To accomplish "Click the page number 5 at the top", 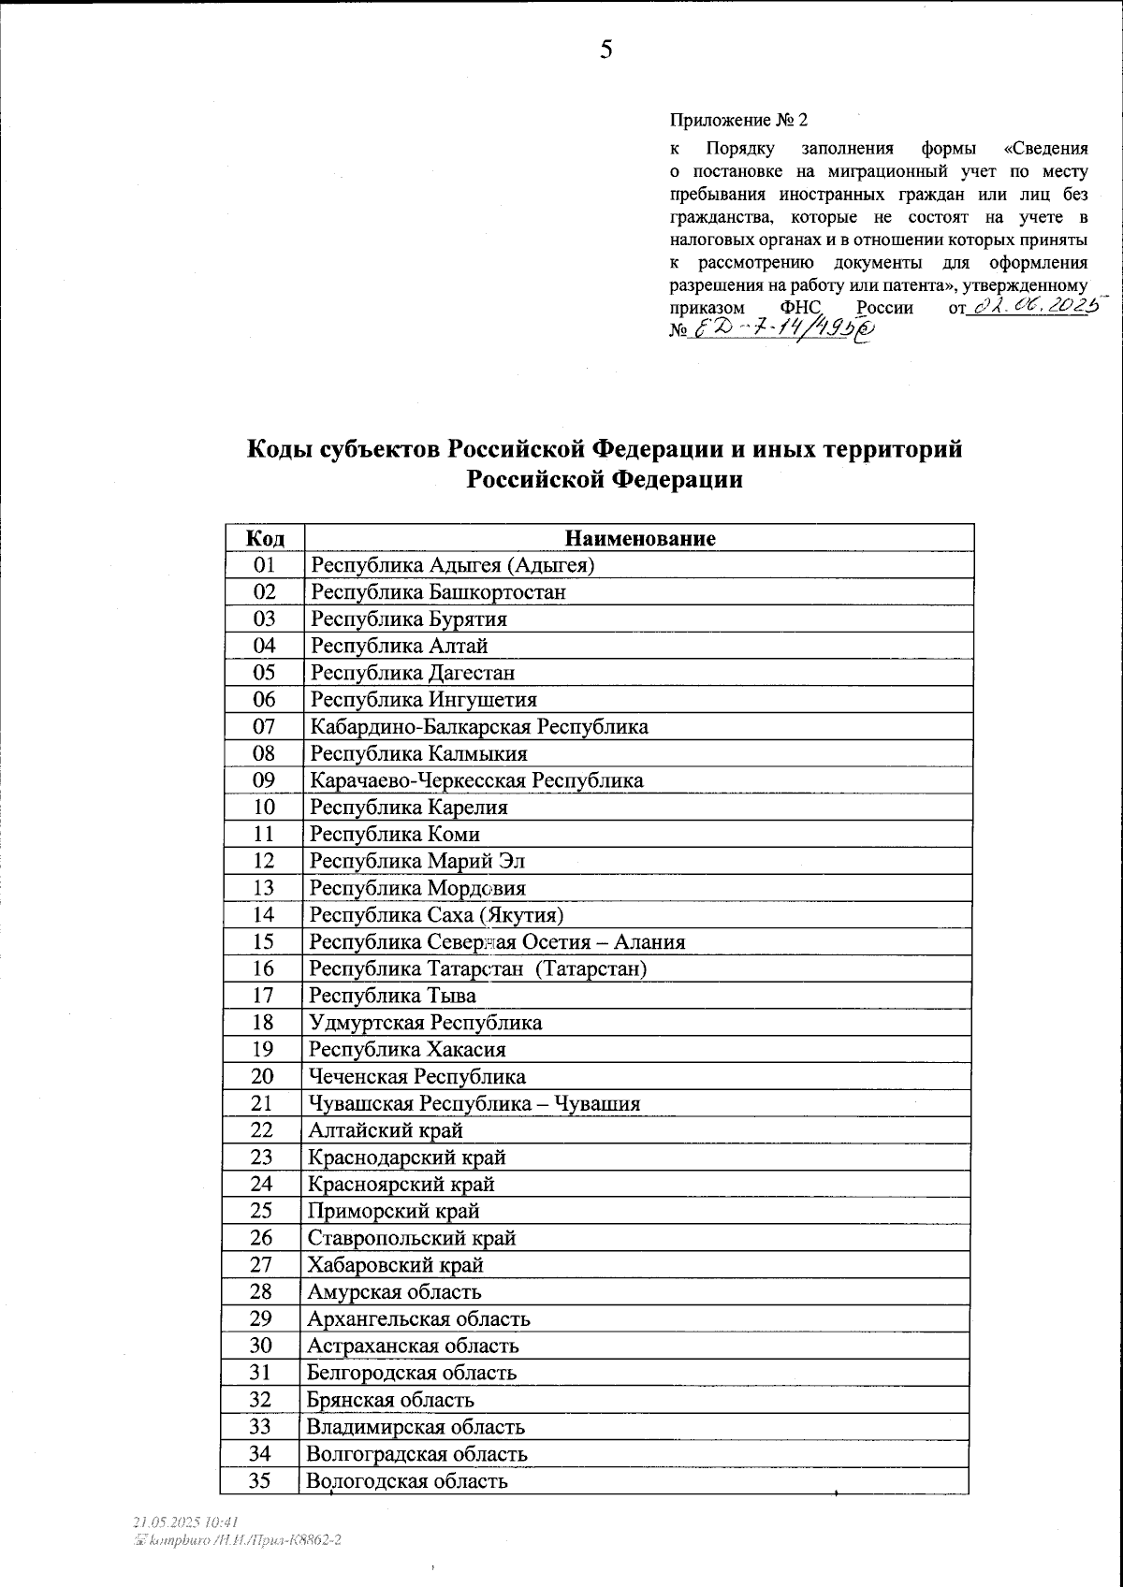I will (606, 51).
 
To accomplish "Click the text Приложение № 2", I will (737, 121).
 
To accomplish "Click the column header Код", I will (265, 538).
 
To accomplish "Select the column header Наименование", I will (640, 538).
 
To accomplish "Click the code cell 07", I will (265, 727).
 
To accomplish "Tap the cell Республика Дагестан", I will (412, 673).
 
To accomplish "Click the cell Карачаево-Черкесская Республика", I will (476, 780).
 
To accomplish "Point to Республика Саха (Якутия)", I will (436, 915).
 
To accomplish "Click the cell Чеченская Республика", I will (417, 1077).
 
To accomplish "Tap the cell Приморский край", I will (394, 1212).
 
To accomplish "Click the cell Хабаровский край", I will (396, 1265).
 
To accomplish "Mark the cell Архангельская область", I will (419, 1319).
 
